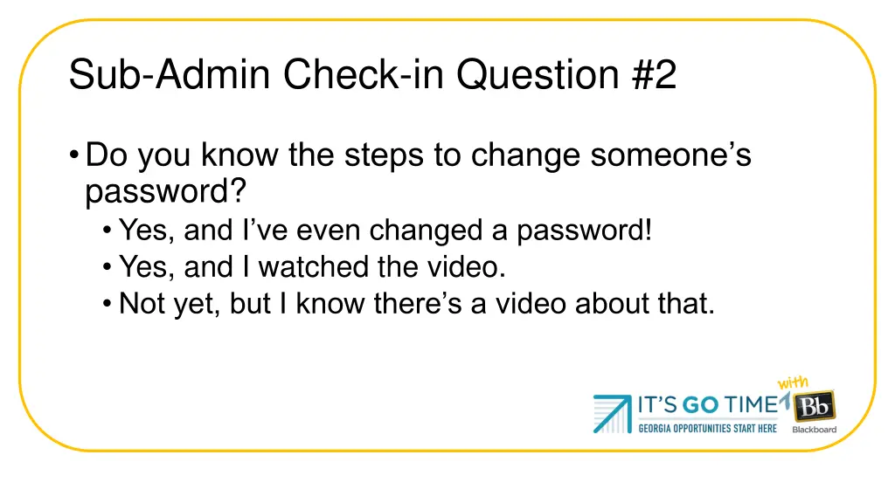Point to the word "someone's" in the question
pos(670,155)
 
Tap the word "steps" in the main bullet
pos(384,155)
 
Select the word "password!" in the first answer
pos(584,231)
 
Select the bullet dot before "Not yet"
pos(107,304)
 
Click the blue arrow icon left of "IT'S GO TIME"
pos(612,413)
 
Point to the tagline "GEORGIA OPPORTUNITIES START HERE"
pos(707,429)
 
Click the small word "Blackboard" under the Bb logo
pos(815,430)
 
